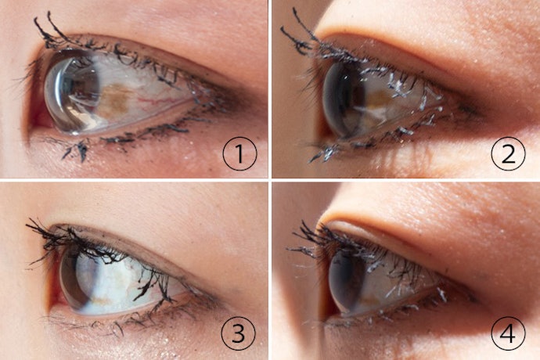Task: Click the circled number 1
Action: (239, 153)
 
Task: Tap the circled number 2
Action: (508, 153)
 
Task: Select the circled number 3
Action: (239, 333)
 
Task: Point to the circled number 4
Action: (508, 333)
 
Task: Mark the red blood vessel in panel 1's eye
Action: (152, 101)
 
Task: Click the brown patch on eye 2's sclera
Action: (379, 99)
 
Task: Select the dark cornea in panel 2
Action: (341, 100)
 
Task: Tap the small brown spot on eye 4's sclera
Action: (369, 300)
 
